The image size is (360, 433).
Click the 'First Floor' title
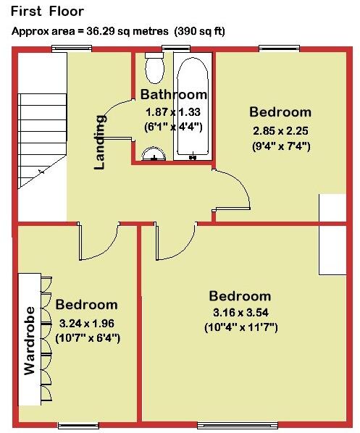click(x=48, y=12)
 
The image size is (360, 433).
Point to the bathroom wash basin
click(x=151, y=154)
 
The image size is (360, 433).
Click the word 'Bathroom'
click(x=174, y=95)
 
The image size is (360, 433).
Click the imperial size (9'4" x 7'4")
click(x=280, y=146)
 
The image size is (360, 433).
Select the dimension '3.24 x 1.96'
click(x=87, y=323)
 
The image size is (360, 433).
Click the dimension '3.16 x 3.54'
click(x=240, y=314)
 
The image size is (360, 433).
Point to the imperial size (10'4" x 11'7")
click(x=240, y=327)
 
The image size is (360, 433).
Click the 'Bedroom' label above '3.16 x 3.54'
click(x=240, y=296)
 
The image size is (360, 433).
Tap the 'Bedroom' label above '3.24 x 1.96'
click(x=86, y=305)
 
